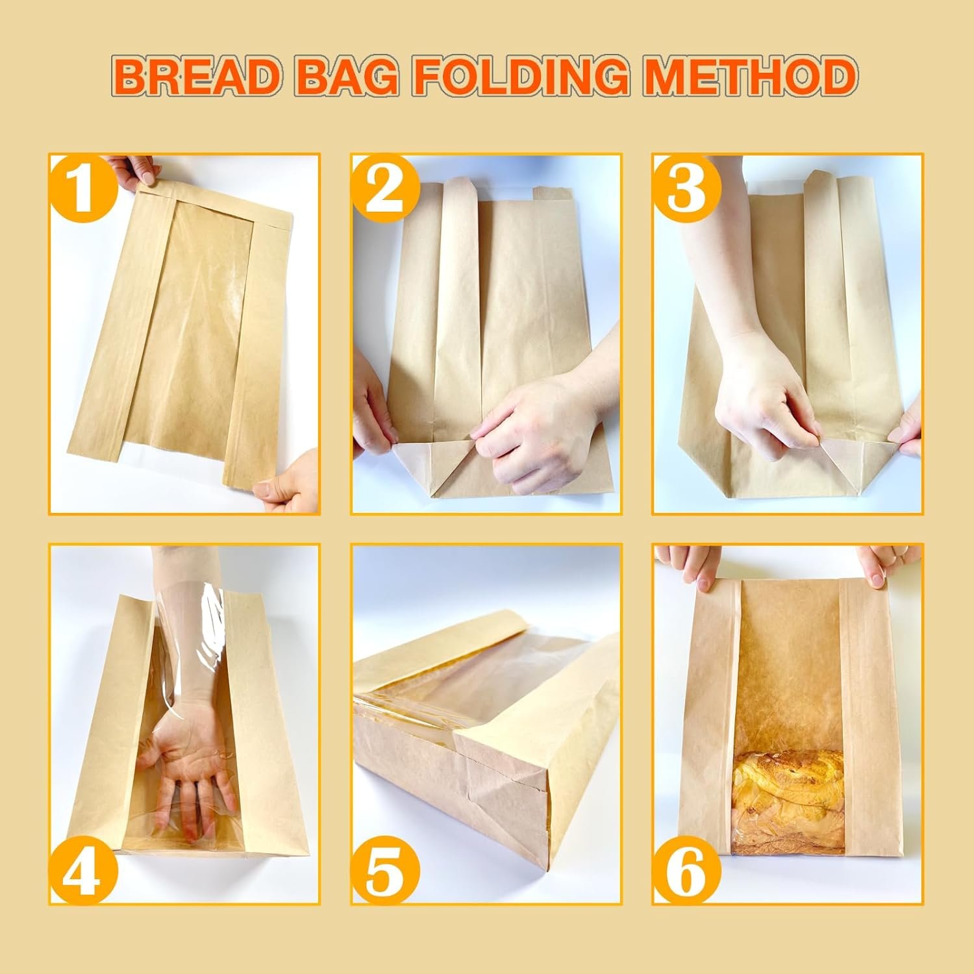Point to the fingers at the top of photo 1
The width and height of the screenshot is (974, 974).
coord(133,170)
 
